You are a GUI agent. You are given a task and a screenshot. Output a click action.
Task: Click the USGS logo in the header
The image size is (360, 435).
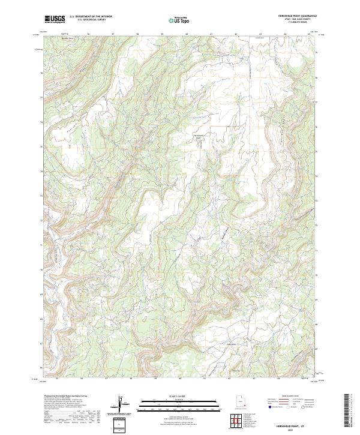click(55, 19)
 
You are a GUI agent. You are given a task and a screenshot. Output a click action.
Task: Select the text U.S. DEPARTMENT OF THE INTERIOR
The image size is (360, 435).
click(91, 17)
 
